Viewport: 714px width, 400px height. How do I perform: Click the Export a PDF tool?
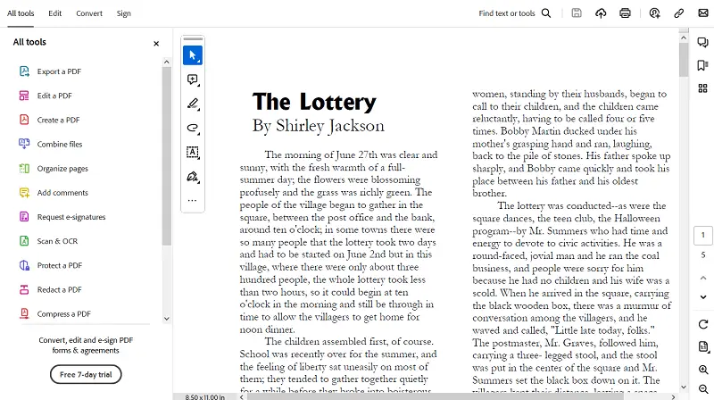point(60,71)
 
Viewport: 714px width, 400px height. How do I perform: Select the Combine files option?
point(59,144)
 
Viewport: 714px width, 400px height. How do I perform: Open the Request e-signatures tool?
point(71,217)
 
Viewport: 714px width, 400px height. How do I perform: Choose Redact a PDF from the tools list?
point(59,289)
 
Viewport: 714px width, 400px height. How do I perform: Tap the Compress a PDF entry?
point(63,313)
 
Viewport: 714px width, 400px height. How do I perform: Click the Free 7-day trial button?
point(86,374)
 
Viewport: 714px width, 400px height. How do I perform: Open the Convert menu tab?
point(89,13)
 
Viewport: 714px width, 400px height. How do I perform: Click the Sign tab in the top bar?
point(123,13)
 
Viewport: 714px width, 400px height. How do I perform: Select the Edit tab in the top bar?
point(55,13)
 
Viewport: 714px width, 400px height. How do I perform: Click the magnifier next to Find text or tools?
point(546,13)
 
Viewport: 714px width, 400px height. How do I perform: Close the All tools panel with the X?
point(156,43)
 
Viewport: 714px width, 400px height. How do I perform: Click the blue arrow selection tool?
point(193,55)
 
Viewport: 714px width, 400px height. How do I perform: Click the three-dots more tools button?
point(192,201)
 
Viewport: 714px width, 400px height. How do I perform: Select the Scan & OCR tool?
point(58,241)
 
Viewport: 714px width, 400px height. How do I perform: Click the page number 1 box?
point(703,235)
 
